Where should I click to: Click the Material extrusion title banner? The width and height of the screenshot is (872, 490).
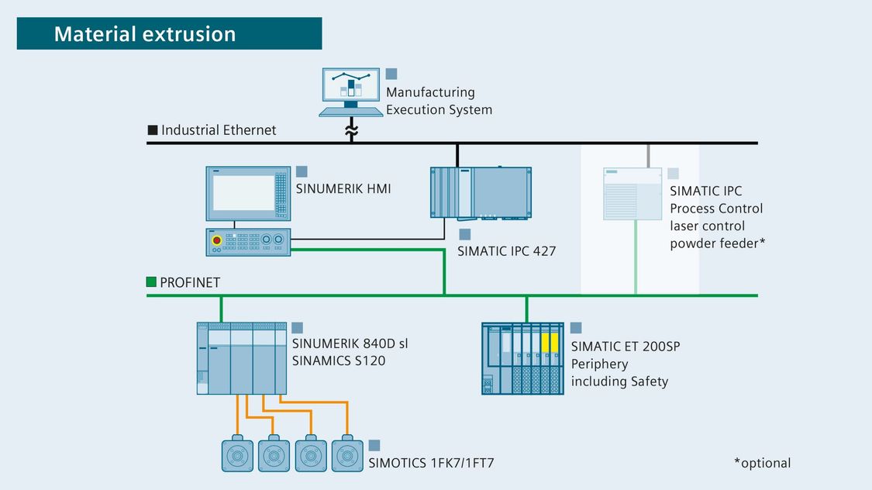pos(169,33)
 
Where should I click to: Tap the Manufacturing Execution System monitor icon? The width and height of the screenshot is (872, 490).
pos(351,91)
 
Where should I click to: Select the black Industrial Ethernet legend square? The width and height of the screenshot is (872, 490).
pos(153,130)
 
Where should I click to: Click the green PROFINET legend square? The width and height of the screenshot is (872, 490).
pos(151,282)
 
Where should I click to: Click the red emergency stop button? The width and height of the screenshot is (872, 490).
pos(217,240)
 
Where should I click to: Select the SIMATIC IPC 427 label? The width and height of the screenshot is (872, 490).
pos(507,251)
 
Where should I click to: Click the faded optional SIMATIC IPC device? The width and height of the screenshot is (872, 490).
pos(632,194)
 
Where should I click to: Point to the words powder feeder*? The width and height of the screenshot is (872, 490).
pos(718,243)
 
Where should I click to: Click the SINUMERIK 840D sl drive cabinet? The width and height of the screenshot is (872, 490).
pos(242,358)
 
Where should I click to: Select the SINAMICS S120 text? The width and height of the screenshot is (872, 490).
pos(339,361)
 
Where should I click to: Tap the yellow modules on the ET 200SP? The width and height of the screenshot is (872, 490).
pos(550,343)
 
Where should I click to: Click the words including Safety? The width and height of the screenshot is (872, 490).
pos(619,381)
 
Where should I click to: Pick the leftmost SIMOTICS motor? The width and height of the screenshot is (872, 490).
pos(237,454)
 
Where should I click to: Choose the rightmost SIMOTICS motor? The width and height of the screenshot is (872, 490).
pos(347,454)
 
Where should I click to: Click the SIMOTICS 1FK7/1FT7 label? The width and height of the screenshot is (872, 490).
pos(431,463)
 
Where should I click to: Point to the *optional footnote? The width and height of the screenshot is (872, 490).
pos(763,463)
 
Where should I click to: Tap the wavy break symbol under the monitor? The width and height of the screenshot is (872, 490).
pos(351,131)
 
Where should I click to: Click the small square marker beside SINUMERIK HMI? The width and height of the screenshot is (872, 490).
pos(302,171)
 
